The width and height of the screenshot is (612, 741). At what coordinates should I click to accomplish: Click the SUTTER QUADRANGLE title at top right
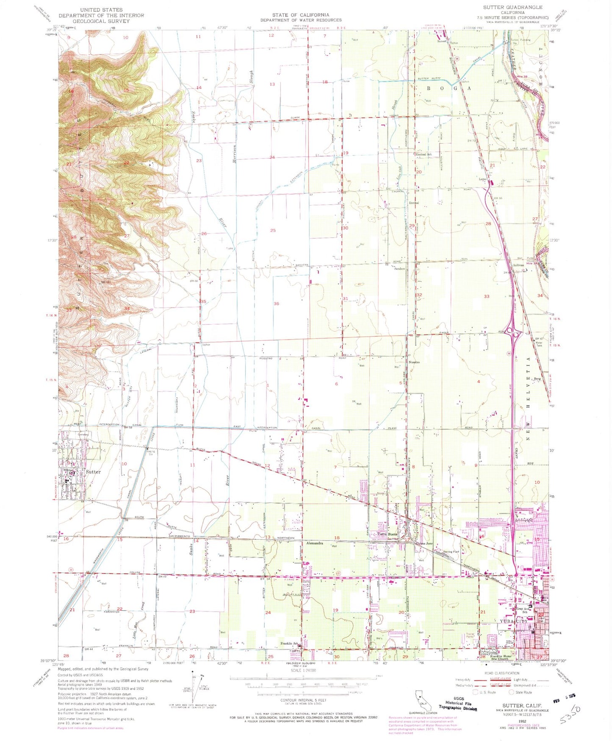click(512, 7)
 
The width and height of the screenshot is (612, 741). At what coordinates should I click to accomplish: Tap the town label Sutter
click(93, 472)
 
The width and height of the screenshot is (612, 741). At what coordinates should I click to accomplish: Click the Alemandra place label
click(315, 543)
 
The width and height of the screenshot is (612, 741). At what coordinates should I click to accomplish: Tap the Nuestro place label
click(414, 362)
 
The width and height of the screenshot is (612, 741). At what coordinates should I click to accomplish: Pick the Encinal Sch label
click(424, 155)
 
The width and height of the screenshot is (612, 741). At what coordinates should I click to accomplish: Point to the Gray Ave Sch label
click(522, 611)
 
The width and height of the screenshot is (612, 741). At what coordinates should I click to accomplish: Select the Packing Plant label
click(451, 552)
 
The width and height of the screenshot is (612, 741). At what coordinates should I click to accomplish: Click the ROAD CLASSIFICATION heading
click(500, 673)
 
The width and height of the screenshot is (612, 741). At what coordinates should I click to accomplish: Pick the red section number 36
click(277, 304)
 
